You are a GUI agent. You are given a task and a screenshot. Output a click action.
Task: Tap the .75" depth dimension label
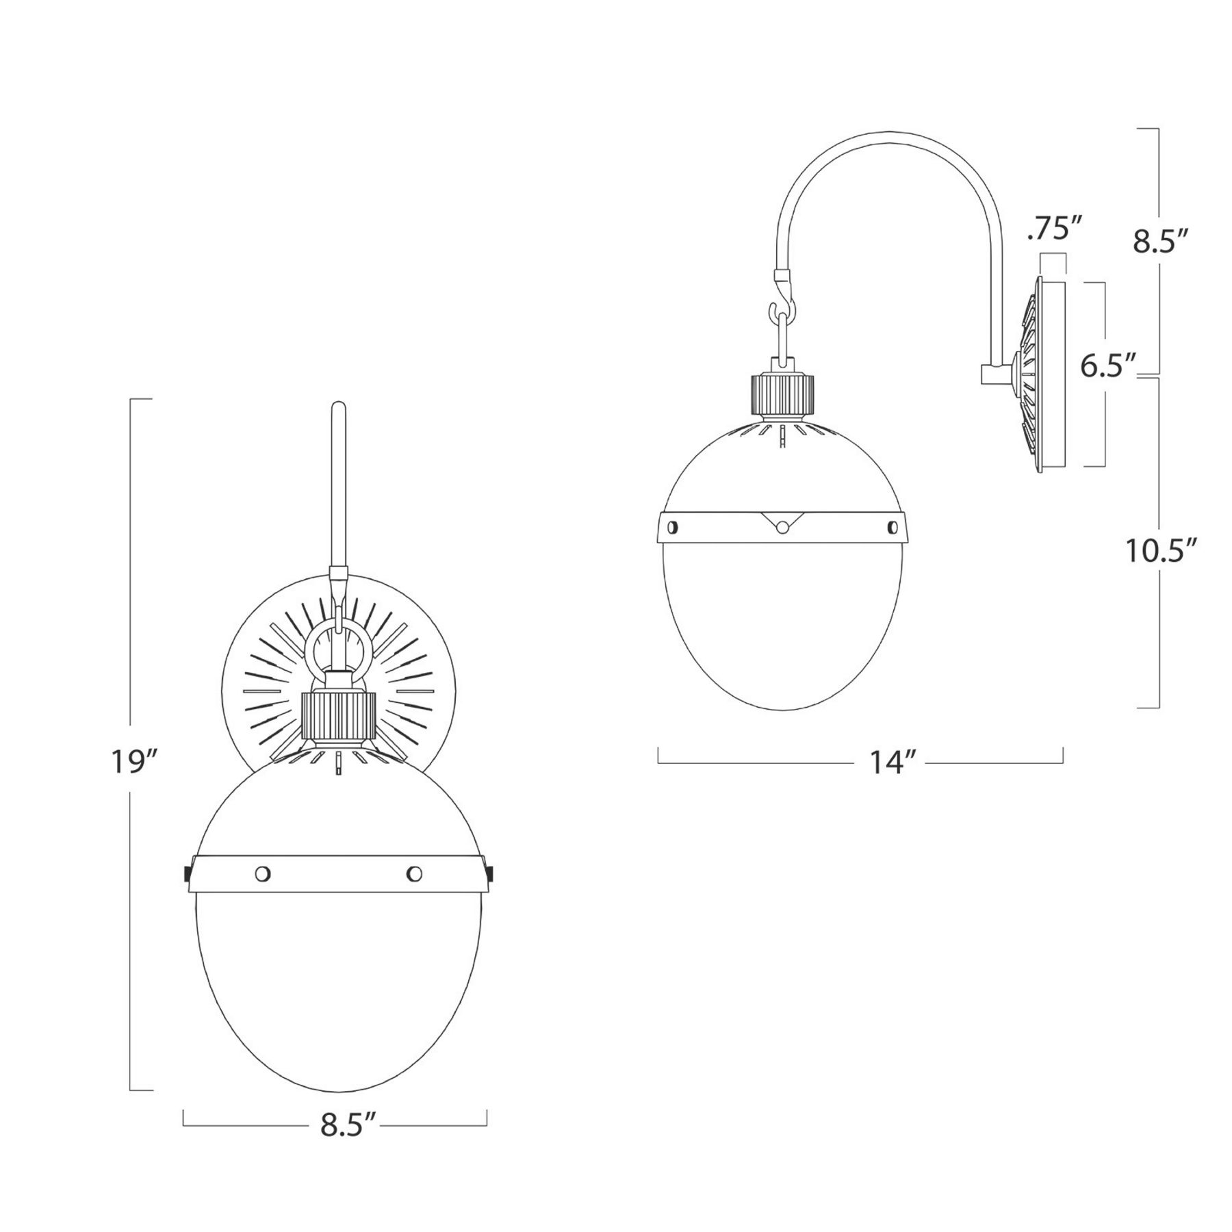coord(1048,231)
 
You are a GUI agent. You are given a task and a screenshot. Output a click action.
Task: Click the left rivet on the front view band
coord(263,873)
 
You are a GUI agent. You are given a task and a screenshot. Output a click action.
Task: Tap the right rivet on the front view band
coord(414,873)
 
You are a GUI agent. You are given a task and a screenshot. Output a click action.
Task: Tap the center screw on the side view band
coord(781,526)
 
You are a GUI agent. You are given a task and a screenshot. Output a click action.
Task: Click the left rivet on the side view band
coord(672,526)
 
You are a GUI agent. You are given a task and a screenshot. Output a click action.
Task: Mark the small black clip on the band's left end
coord(187,874)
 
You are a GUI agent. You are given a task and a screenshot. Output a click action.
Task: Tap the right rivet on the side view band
coord(892,526)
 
